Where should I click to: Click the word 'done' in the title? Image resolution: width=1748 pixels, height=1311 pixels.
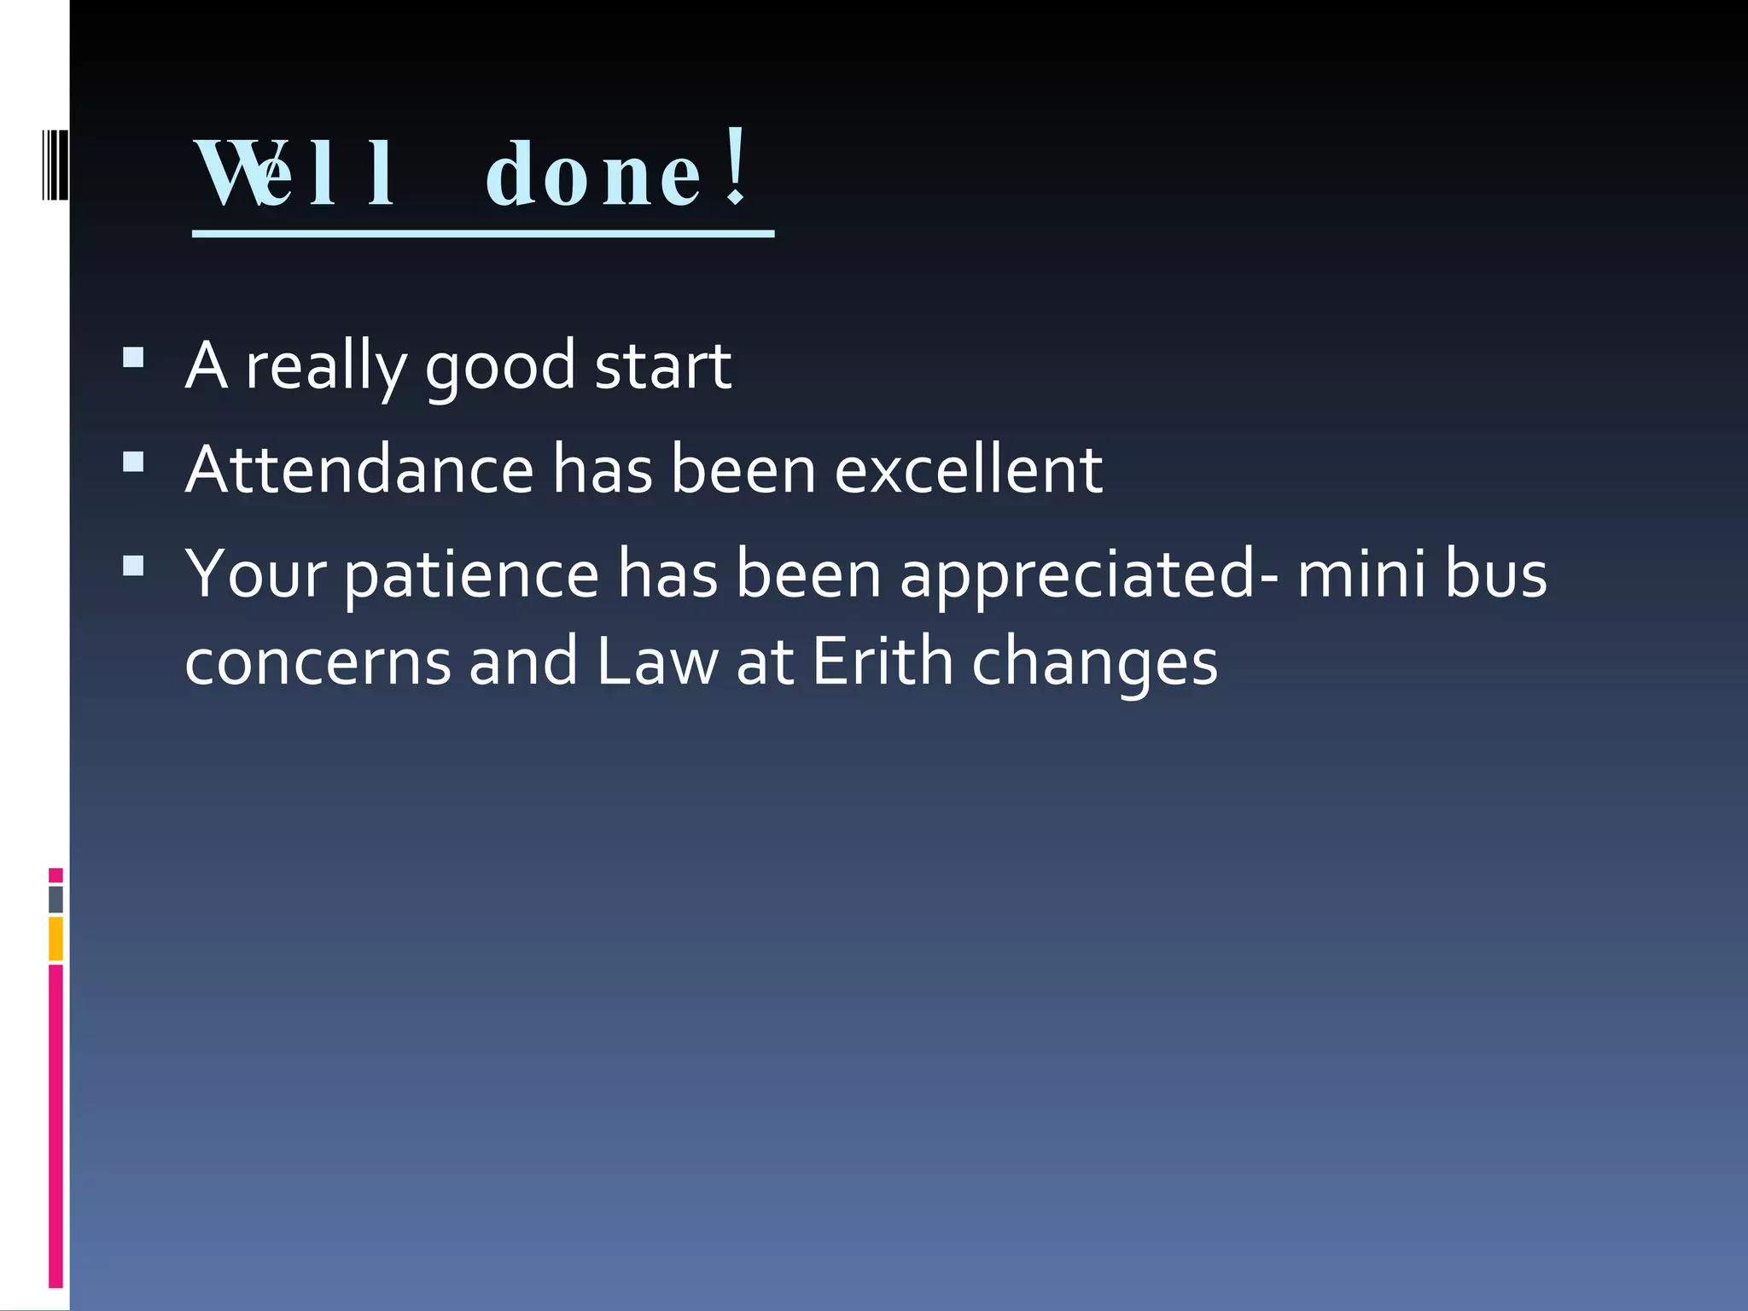[594, 176]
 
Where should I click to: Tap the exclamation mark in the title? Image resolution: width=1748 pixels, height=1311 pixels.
[736, 167]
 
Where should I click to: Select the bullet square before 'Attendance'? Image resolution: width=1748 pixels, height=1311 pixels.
[133, 462]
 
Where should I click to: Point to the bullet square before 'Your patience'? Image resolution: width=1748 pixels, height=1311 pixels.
[133, 566]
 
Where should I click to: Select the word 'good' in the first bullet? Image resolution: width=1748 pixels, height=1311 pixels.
[500, 367]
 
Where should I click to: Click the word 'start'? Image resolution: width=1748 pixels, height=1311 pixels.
[662, 367]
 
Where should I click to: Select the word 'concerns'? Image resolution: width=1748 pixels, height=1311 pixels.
[318, 663]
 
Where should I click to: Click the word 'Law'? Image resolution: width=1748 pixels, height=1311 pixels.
[657, 661]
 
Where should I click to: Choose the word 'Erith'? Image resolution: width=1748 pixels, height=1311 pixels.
[883, 661]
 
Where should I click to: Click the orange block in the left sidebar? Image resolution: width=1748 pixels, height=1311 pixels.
[55, 938]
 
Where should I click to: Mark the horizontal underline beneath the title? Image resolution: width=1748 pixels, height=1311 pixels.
[483, 233]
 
